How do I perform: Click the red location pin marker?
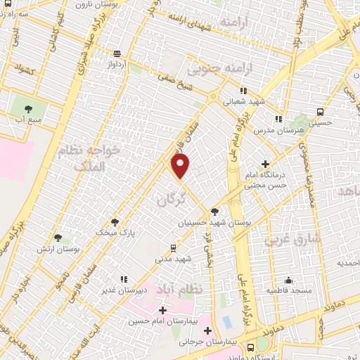181,167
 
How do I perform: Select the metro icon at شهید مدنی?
174,248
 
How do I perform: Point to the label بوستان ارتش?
78,250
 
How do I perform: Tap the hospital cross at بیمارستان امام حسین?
163,310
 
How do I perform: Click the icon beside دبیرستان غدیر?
124,279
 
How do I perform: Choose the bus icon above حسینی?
321,112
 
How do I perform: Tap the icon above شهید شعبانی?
244,91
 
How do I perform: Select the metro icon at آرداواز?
117,53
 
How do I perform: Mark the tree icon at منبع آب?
29,109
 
